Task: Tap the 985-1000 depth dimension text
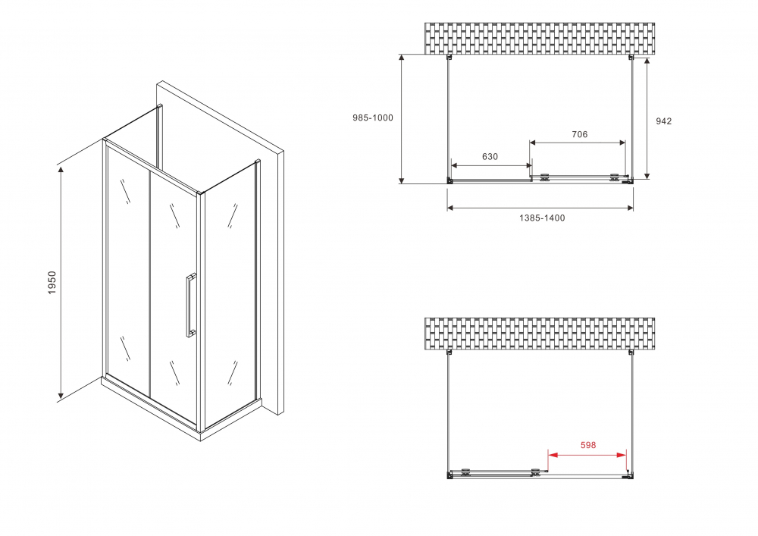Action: coord(373,118)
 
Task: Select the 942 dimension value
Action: coord(663,121)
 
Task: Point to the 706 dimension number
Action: coord(579,135)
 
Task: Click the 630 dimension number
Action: coord(490,157)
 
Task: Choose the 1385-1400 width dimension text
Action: coord(542,218)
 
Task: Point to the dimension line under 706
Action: coord(578,143)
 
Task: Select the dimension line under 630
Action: coord(490,165)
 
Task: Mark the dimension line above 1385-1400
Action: coord(540,208)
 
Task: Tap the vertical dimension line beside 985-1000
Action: coord(402,118)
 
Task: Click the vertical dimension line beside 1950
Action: coord(61,283)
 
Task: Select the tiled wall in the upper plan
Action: coord(540,39)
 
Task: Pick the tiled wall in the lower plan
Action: coord(540,333)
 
